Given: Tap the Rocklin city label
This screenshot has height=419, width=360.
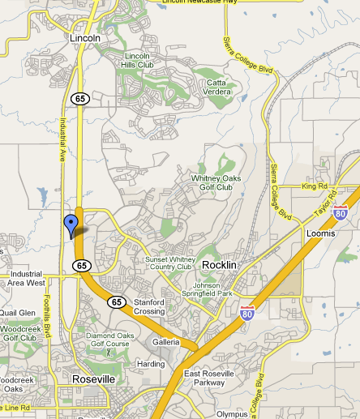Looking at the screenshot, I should pos(219,265).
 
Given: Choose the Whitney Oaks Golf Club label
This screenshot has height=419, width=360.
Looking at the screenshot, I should pos(212,182).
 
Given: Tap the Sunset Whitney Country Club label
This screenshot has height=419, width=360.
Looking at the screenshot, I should pos(168,263).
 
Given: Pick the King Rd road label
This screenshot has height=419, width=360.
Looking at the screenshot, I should pos(312,186).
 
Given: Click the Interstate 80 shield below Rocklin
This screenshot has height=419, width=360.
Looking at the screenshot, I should pos(247,310).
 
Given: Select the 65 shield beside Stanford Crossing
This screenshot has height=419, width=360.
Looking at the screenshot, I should pos(118,302).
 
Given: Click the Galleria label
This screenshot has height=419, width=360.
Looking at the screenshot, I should pos(166,342).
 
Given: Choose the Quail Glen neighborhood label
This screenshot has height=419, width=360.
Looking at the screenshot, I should pos(18,312).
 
